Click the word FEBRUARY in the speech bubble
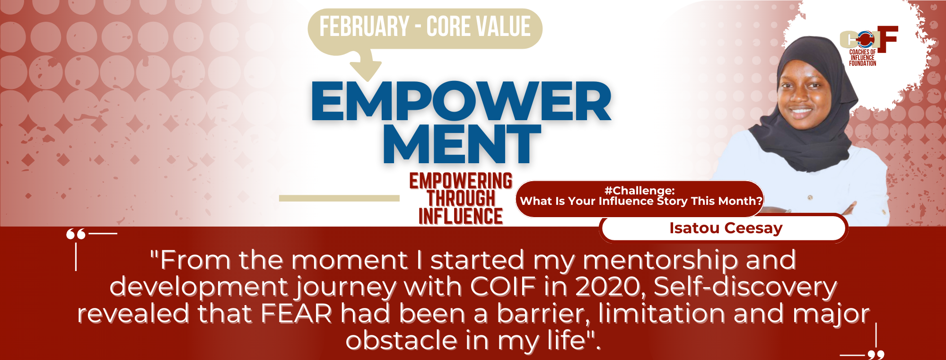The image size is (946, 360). coord(364,26)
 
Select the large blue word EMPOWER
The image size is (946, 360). coord(461,101)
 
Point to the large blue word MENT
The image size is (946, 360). coord(462,144)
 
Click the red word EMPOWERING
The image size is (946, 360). coord(461,181)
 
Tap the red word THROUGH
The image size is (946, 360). coord(461,199)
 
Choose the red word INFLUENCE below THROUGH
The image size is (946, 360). coord(461,216)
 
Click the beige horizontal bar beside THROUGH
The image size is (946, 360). coord(339,198)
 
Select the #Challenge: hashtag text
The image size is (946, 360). coord(639,191)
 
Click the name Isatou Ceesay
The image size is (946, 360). coord(726,228)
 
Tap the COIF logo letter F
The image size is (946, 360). coord(888,39)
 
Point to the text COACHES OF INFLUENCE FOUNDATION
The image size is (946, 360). coord(862,58)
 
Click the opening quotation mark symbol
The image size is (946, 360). coord(76,234)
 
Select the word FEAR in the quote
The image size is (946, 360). coord(297,314)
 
